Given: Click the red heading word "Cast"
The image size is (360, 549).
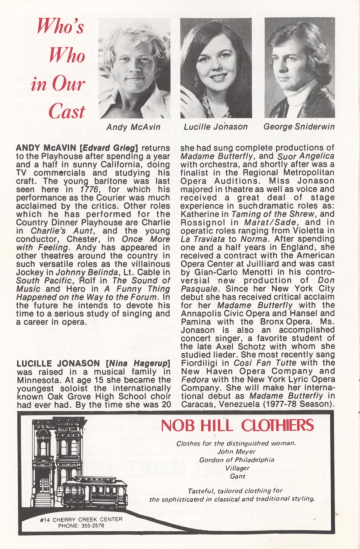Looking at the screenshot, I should [67, 111].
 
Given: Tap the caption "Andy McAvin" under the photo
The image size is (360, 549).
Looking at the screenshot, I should [133, 127].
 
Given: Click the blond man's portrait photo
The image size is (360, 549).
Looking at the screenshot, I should [134, 69].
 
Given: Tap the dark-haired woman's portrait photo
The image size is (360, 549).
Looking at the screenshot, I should [216, 69].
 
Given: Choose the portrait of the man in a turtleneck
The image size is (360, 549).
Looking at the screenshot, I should [300, 69].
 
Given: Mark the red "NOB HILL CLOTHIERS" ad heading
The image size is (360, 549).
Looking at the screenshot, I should [237, 425].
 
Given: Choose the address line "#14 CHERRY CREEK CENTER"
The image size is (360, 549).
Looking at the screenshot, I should [81, 520].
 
